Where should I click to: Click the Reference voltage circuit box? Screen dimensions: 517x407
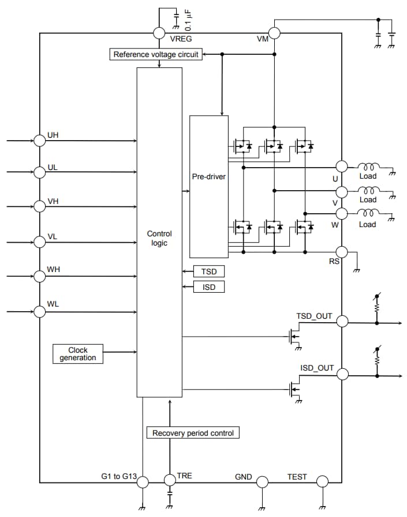point(156,55)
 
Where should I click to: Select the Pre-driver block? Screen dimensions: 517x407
point(208,176)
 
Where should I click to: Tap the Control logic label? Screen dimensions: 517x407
point(159,239)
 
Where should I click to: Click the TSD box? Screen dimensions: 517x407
point(208,271)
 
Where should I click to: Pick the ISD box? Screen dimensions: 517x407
point(208,286)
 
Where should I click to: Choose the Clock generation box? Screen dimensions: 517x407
point(77,354)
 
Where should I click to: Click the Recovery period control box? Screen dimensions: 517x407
point(193,433)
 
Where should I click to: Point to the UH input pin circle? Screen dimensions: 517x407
point(39,140)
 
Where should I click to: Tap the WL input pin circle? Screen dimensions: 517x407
point(39,311)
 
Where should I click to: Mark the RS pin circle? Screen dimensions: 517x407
point(342,252)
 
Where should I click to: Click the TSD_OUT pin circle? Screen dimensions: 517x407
point(342,322)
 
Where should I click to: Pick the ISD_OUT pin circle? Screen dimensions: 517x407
point(342,374)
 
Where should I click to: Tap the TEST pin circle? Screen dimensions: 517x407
point(322,482)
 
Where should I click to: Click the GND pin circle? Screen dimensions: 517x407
point(262,482)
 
